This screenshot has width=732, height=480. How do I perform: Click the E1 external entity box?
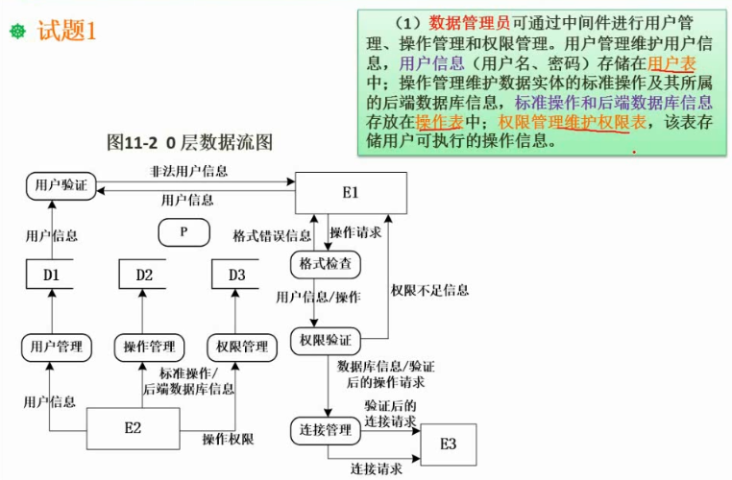(x=351, y=193)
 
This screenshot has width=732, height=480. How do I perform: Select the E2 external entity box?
(x=134, y=428)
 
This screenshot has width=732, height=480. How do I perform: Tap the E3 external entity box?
(x=449, y=444)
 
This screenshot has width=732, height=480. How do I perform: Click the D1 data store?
(x=50, y=275)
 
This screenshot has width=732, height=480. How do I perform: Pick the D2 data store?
(x=143, y=275)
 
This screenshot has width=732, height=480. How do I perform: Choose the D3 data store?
(x=235, y=275)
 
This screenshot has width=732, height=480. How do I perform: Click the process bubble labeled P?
(x=183, y=232)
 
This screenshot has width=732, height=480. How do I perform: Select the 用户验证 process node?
(x=61, y=185)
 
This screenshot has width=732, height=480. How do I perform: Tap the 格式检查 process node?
(x=326, y=265)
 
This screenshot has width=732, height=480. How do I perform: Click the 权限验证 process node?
(x=326, y=341)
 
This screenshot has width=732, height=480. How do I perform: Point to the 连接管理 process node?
(x=326, y=430)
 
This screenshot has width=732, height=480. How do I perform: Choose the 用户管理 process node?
(x=57, y=348)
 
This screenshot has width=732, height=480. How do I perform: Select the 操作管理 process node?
(x=150, y=348)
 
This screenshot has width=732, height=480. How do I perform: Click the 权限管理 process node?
(x=242, y=348)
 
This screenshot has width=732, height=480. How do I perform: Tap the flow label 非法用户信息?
(x=188, y=171)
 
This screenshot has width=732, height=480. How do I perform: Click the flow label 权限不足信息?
(x=430, y=291)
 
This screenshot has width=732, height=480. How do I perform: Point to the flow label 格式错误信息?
(x=272, y=235)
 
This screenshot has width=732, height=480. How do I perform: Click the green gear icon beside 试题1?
(x=17, y=32)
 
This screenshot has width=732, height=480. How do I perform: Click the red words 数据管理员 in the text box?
(x=470, y=22)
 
